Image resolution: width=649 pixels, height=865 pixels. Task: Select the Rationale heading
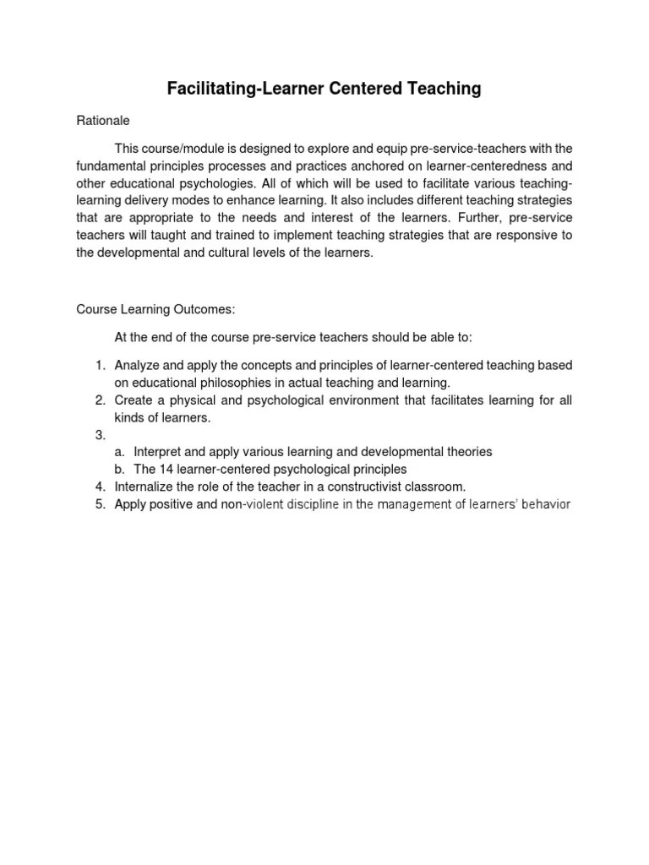103,120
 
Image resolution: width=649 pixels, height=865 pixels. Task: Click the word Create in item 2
133,400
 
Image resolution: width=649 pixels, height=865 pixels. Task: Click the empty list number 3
99,435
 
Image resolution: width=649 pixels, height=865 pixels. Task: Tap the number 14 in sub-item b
166,469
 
